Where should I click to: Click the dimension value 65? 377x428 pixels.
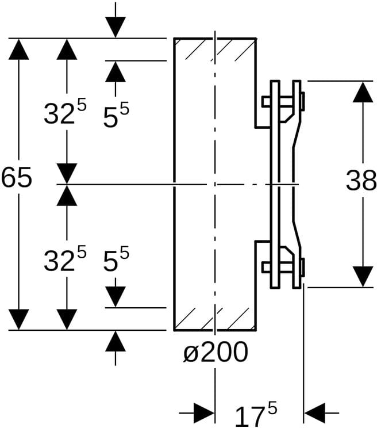click(x=16, y=179)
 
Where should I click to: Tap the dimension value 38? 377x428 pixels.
click(x=361, y=182)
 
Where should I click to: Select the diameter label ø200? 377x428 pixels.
click(x=216, y=352)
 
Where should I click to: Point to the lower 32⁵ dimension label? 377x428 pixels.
click(x=64, y=260)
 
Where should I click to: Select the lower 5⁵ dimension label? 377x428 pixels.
click(x=116, y=260)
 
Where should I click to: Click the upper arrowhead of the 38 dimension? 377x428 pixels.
click(x=363, y=92)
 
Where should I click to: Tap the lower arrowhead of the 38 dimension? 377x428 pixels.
click(x=363, y=276)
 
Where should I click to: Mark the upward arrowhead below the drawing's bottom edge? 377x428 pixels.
click(x=116, y=342)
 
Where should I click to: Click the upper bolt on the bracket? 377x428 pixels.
click(x=283, y=102)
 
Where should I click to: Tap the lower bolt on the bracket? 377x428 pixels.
click(x=283, y=266)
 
